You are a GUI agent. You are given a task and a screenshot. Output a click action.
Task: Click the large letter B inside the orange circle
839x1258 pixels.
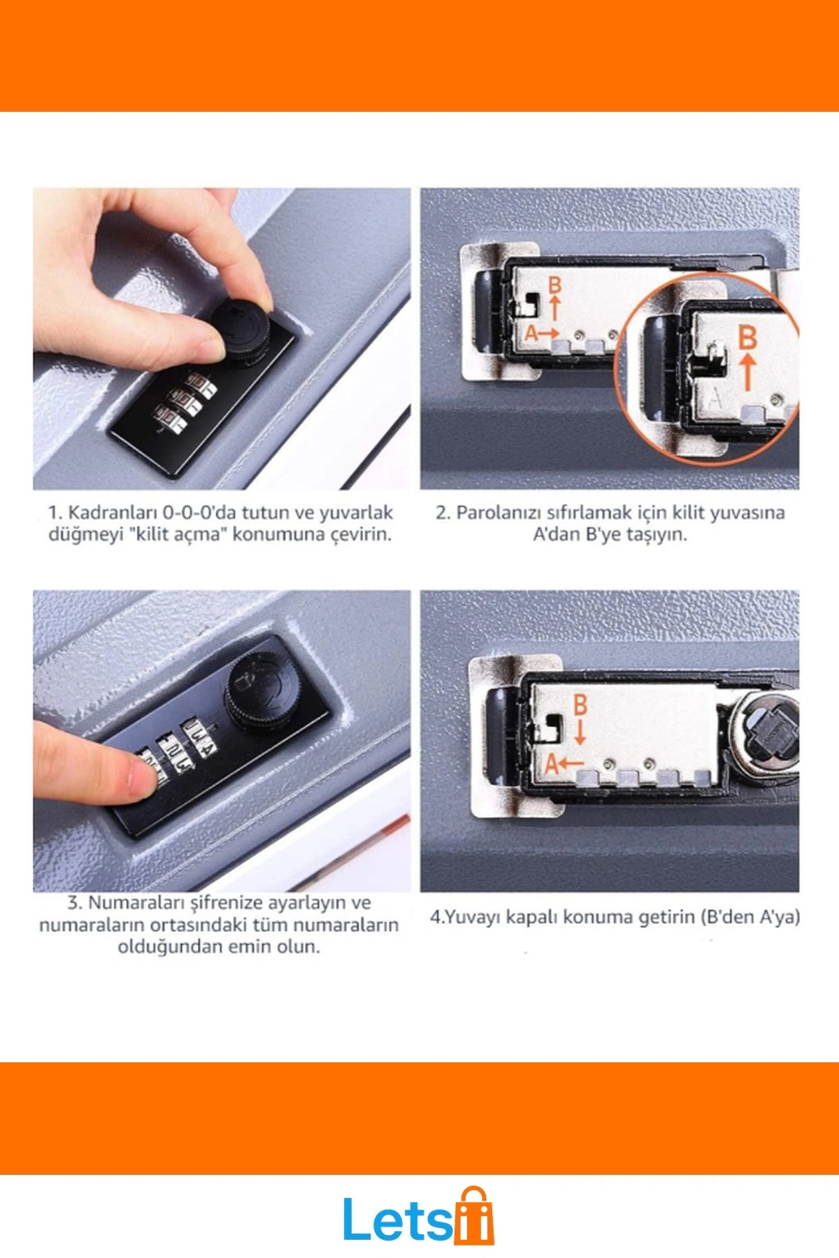coord(747,338)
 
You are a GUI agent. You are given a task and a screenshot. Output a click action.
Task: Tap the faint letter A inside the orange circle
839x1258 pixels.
coord(715,399)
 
